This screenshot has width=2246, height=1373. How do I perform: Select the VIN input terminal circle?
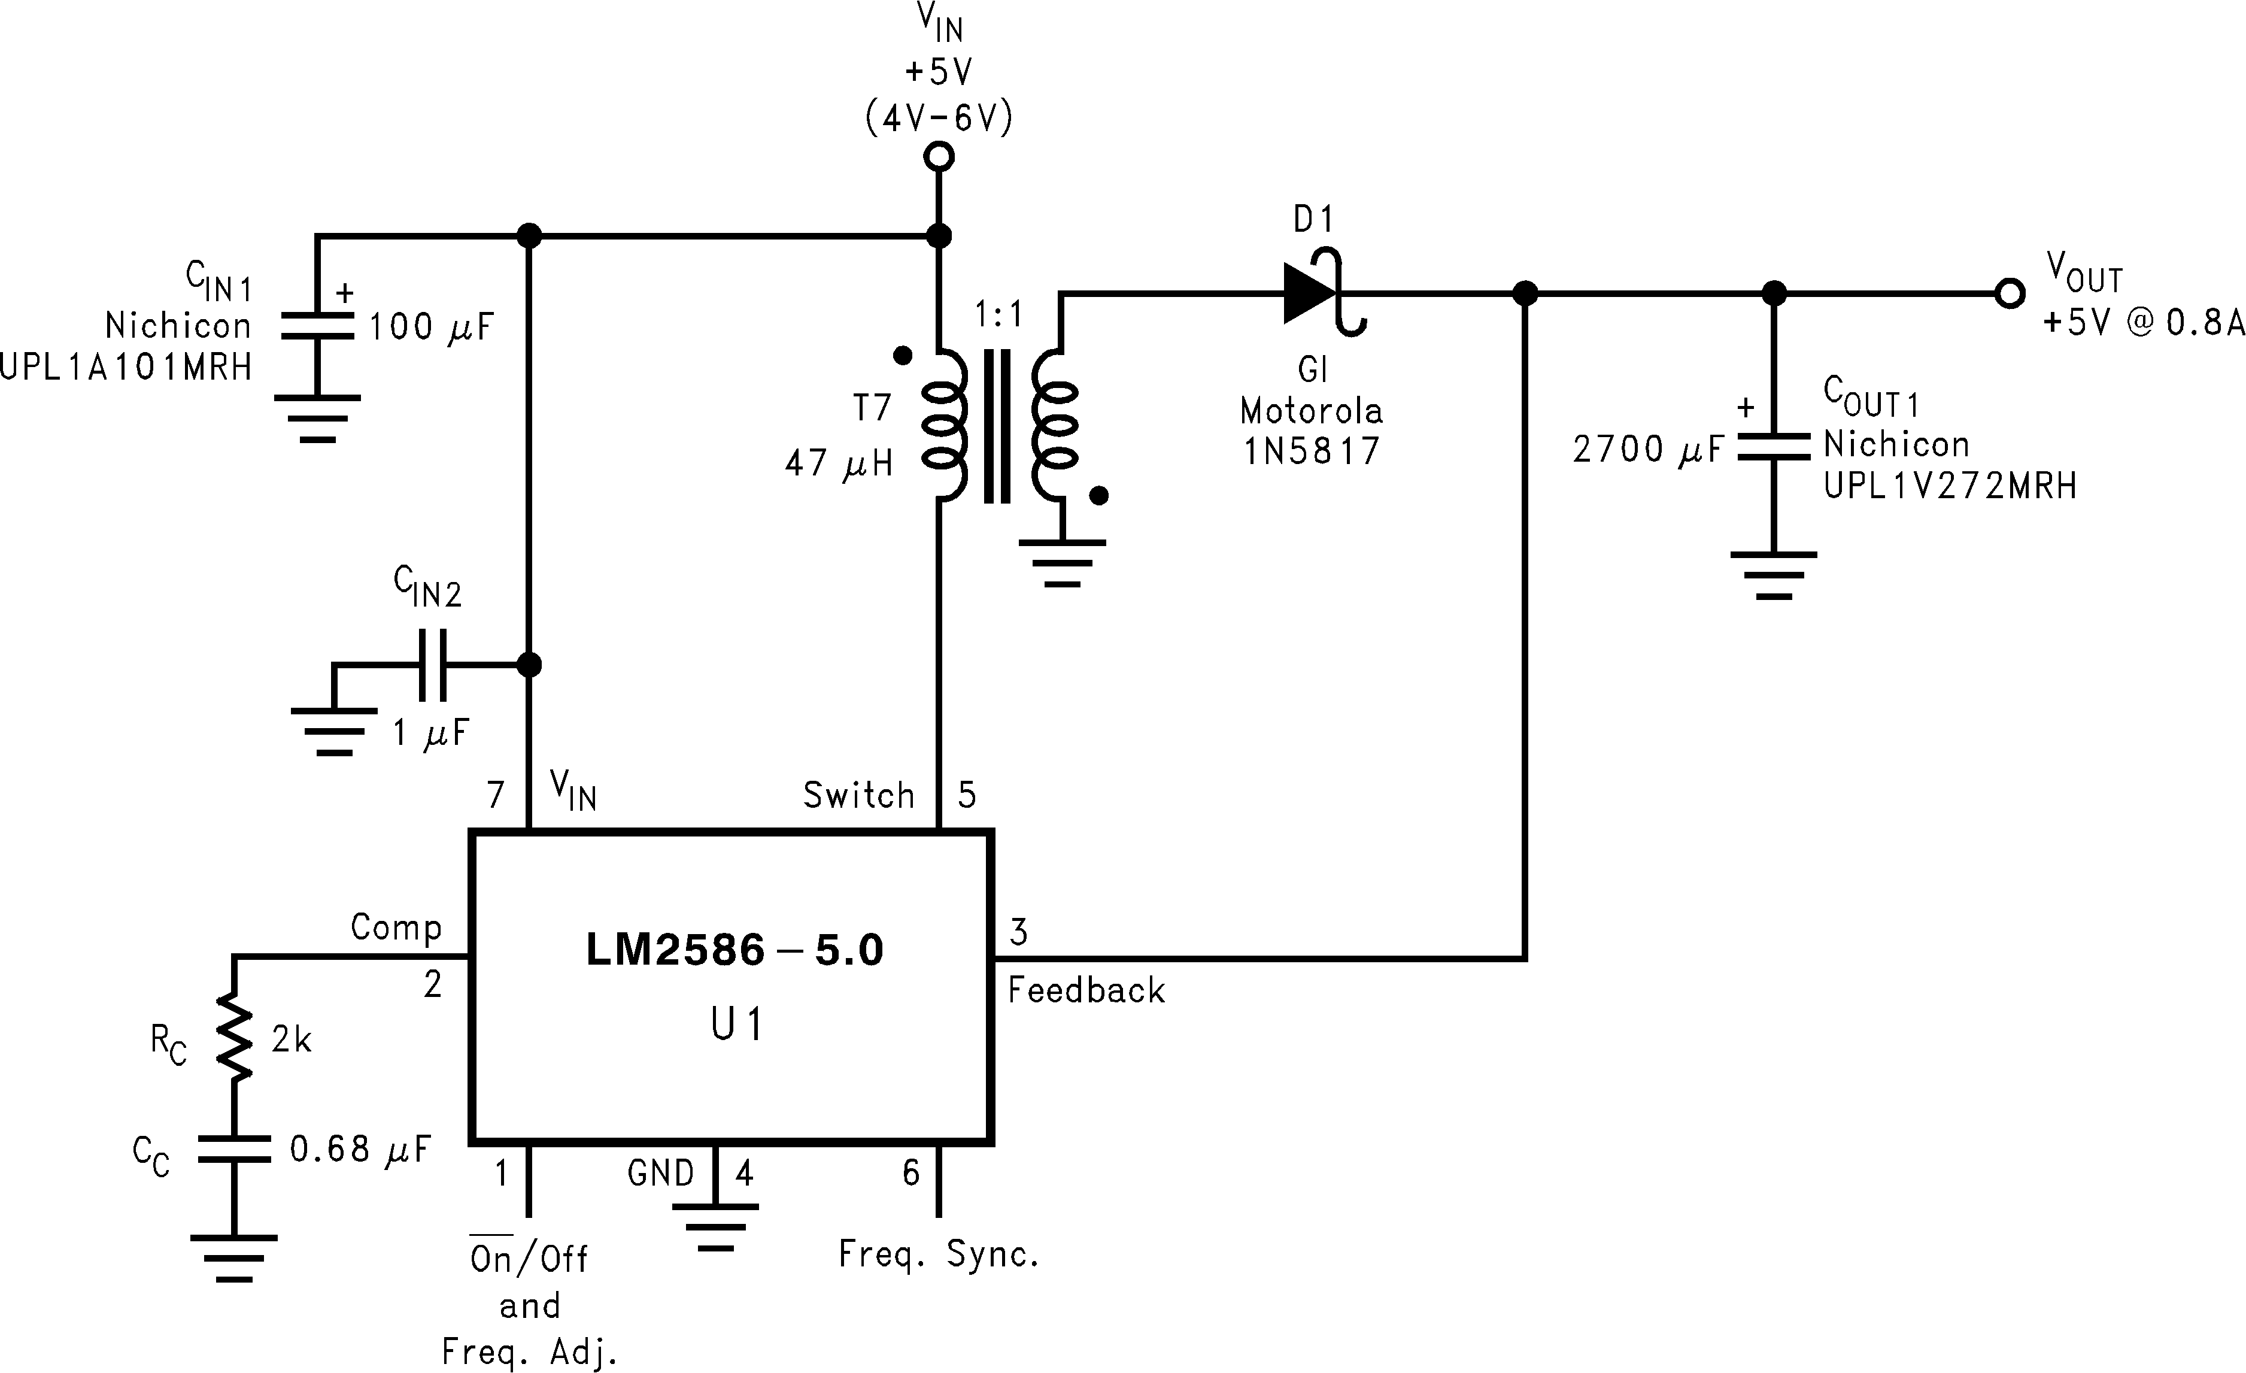point(939,157)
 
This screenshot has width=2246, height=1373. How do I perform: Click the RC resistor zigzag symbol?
point(233,1039)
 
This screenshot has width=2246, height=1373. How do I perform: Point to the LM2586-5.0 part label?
point(734,950)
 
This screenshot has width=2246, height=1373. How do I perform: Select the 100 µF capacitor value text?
point(431,326)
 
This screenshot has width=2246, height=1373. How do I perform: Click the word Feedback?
point(1086,991)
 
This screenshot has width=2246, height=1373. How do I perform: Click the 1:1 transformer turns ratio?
point(999,316)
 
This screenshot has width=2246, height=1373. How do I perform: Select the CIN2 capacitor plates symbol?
point(432,665)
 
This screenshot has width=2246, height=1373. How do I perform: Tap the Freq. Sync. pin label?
point(939,1254)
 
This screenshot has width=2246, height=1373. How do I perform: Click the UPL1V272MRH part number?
point(1950,486)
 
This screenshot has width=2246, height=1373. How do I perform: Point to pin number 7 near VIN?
point(496,795)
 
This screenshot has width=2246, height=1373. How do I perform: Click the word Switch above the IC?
point(858,795)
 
